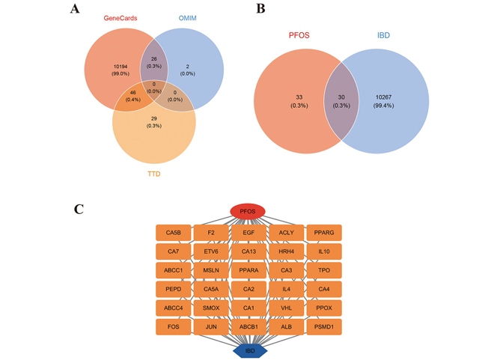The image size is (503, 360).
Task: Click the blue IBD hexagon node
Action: (249, 349)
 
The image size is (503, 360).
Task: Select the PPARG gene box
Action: (325, 233)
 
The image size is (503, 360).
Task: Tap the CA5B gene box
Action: (174, 233)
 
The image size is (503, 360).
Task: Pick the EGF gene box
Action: (249, 233)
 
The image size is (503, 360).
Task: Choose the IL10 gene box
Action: (325, 251)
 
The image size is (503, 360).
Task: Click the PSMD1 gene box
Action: (325, 326)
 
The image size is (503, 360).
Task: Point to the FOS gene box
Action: (174, 326)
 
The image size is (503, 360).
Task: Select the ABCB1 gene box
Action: (249, 326)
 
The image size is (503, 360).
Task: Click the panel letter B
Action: (260, 10)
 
